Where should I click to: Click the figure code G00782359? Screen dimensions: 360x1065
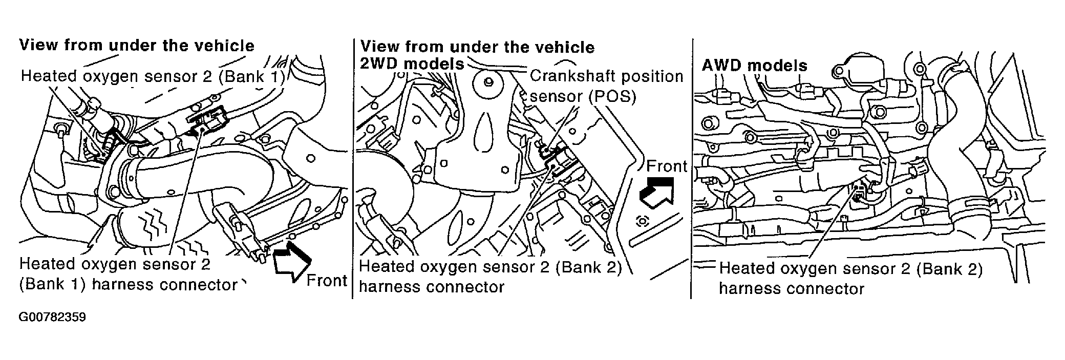(x=52, y=317)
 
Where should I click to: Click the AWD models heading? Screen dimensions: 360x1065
(x=754, y=66)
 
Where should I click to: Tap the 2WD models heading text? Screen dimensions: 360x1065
(x=412, y=64)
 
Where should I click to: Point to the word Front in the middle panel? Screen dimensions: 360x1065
(x=667, y=166)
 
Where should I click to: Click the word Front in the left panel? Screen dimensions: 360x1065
(x=327, y=281)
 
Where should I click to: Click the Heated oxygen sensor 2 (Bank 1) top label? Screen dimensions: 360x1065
(x=152, y=76)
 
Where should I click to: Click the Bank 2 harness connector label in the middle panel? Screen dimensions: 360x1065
(x=490, y=277)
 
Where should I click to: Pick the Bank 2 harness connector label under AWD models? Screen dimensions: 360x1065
(x=850, y=278)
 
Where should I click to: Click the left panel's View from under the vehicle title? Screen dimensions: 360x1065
(x=137, y=46)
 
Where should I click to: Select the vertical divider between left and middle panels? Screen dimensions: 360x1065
(x=352, y=169)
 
